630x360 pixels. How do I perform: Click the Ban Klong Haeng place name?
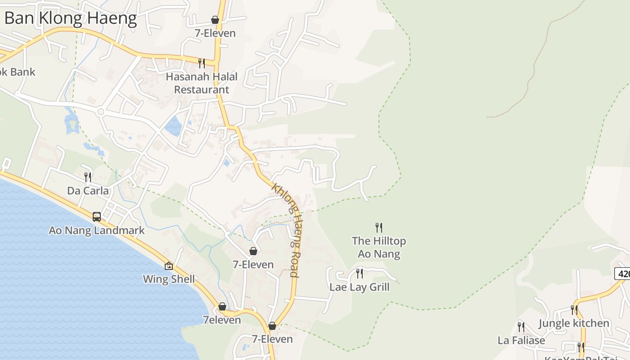click(71, 18)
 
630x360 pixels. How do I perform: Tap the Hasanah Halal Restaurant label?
click(201, 83)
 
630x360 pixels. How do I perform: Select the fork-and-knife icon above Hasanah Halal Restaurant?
click(202, 63)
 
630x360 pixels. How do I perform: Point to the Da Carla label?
click(88, 191)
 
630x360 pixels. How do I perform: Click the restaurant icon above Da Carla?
click(88, 177)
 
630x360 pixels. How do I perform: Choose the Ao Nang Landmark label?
click(97, 230)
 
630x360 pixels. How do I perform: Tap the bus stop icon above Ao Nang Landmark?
click(97, 217)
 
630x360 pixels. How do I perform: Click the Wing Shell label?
click(169, 279)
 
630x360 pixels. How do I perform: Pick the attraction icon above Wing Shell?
click(169, 266)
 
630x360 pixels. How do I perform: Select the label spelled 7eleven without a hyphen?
click(222, 320)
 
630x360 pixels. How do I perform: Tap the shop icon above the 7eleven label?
click(222, 306)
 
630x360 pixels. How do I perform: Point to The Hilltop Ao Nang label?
click(379, 247)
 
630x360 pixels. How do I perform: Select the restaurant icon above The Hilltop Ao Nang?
click(379, 227)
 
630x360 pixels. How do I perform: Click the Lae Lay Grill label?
click(360, 287)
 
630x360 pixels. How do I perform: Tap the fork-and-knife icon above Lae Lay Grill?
click(360, 273)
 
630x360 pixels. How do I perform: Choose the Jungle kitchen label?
click(574, 324)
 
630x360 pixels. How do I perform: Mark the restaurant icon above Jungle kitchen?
click(574, 310)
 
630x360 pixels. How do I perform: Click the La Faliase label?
click(521, 340)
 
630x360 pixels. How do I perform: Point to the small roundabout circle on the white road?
click(101, 112)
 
